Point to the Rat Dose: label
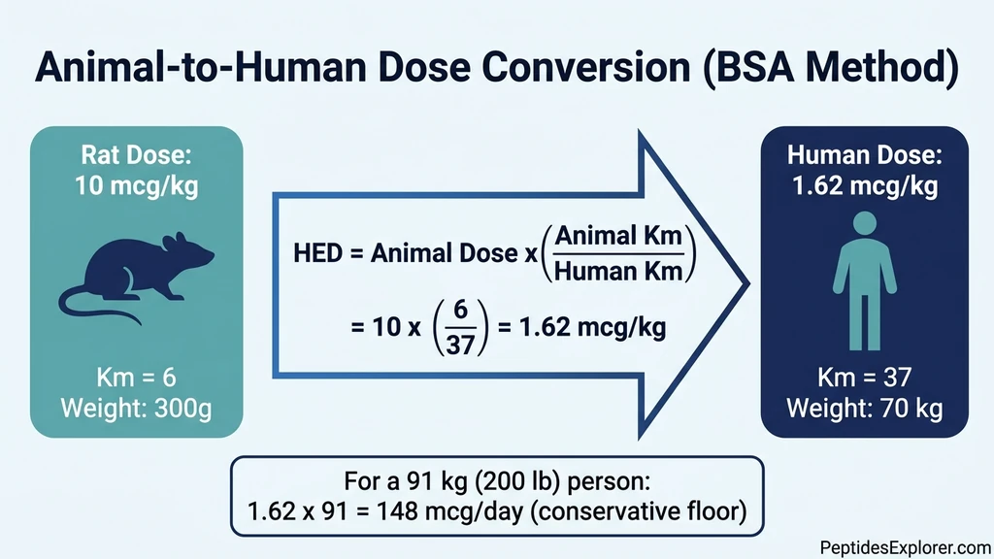pos(136,154)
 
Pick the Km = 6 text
pos(136,378)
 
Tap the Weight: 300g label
pos(136,408)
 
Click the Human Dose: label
pos(864,154)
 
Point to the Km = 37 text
pos(864,378)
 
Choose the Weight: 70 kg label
pos(864,408)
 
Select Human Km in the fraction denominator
pos(619,272)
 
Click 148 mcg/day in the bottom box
pos(452,511)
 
